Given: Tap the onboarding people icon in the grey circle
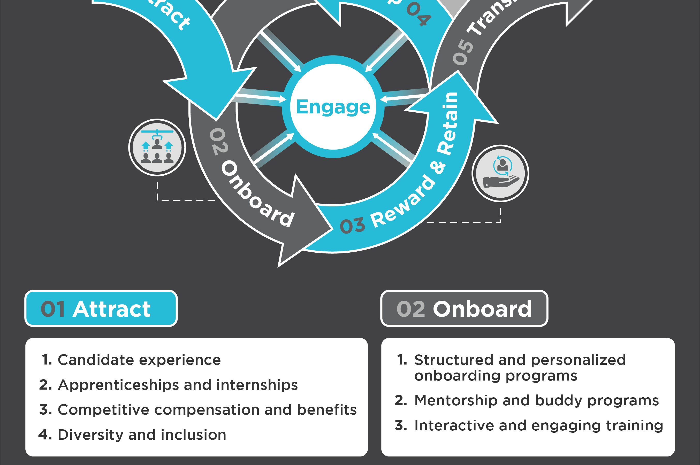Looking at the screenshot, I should point(157,148).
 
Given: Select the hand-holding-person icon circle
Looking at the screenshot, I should point(500,174).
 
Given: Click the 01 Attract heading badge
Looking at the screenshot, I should point(101,308).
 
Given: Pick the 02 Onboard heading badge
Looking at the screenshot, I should point(464,308).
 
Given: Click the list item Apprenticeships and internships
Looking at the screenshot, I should point(177,385).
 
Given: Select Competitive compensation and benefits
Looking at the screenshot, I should point(207,410).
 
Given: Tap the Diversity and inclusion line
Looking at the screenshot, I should point(142,435).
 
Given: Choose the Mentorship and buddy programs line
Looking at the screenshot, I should point(536,400).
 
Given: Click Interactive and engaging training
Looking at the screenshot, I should point(538,425).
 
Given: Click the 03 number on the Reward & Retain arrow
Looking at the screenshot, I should point(353,226).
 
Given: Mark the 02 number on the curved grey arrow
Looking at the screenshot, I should point(219,142).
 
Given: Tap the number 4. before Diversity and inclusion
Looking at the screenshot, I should point(45,435).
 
